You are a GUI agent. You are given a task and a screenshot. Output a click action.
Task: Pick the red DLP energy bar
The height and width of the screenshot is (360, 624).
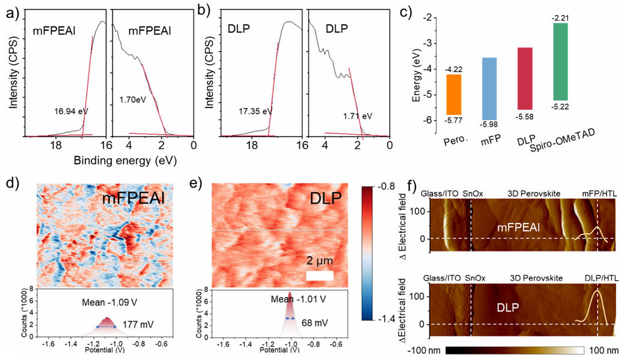tap(524, 78)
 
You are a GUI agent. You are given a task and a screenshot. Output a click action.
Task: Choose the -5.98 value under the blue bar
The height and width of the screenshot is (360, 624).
tap(489, 124)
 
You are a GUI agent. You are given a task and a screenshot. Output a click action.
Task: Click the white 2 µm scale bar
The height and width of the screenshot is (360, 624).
tap(319, 275)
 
